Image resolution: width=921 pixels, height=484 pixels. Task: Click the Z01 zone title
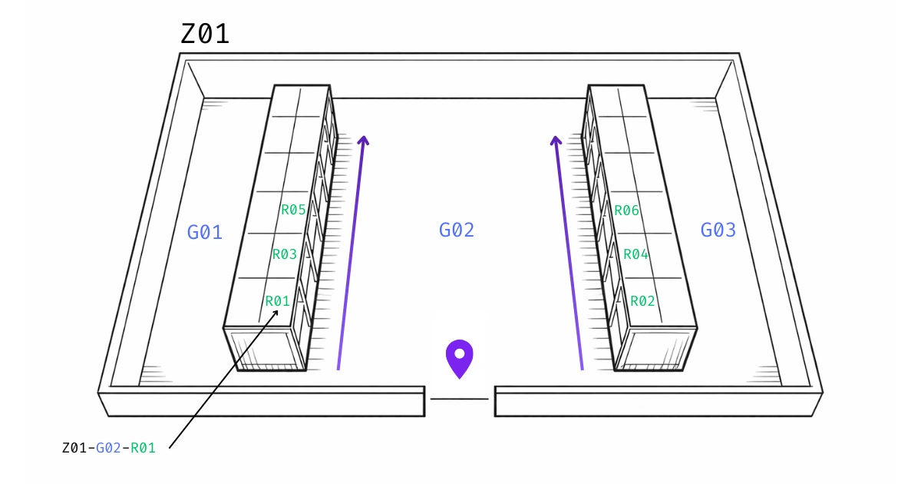coord(205,34)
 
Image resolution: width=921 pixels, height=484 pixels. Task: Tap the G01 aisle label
coord(205,232)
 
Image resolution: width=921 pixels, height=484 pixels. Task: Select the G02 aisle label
coord(457,230)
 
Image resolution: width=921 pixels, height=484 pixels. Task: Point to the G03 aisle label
coord(718,230)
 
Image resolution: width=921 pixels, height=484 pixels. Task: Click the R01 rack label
coord(278,301)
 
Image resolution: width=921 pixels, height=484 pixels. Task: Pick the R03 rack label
coord(285,254)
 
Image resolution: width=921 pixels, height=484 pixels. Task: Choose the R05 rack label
coord(293,210)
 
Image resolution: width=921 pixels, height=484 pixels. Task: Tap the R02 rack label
coord(642,301)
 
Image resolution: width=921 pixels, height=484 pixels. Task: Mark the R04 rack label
coord(636,254)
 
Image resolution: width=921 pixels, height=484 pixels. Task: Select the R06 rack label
coord(627,211)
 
